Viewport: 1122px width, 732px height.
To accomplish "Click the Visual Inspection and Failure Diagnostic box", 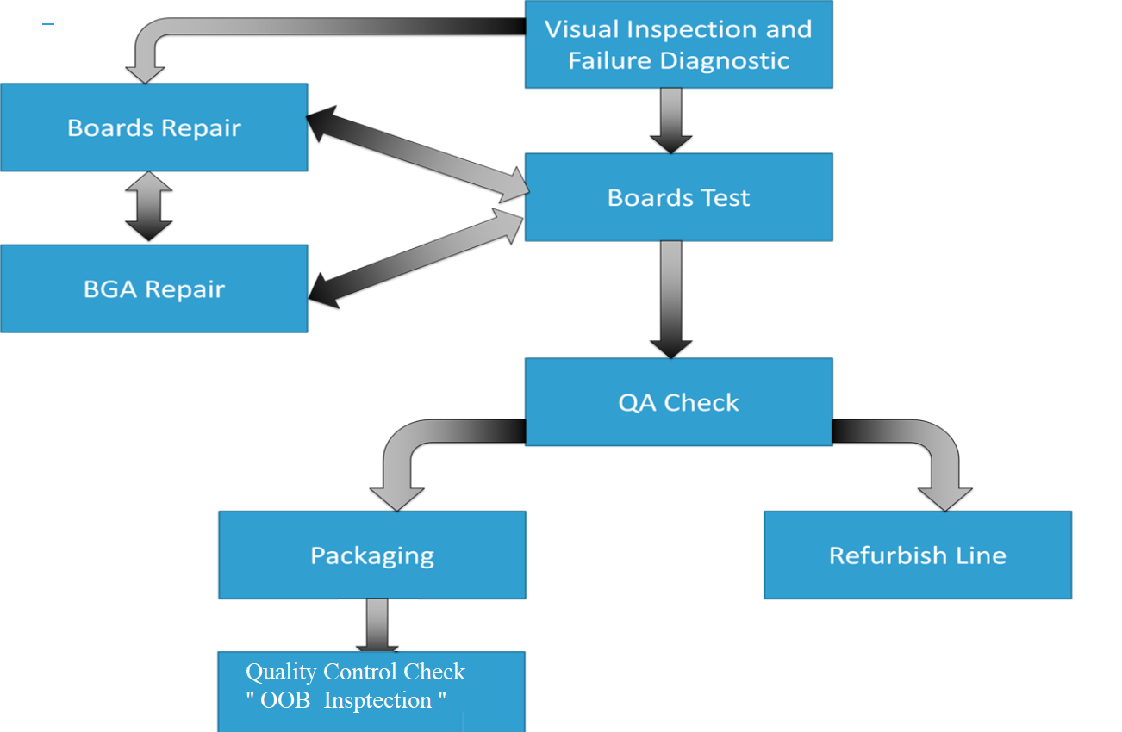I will pyautogui.click(x=678, y=44).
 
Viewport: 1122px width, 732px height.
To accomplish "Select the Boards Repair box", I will pyautogui.click(x=153, y=127).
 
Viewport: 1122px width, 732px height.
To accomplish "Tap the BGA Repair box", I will pyautogui.click(x=153, y=288).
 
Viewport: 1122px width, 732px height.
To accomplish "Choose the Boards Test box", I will pyautogui.click(x=678, y=197).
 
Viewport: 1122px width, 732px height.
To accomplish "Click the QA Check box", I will pyautogui.click(x=678, y=402).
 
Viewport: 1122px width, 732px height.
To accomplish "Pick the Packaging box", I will pyautogui.click(x=371, y=555).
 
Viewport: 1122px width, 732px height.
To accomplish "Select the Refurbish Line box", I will pyautogui.click(x=917, y=555).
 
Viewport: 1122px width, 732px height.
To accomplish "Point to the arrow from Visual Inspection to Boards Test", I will pyautogui.click(x=670, y=120).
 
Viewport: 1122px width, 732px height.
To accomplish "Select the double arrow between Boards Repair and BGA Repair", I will pyautogui.click(x=149, y=207).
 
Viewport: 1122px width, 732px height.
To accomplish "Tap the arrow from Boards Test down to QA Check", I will pyautogui.click(x=670, y=298).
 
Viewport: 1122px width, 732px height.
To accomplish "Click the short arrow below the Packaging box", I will pyautogui.click(x=377, y=624).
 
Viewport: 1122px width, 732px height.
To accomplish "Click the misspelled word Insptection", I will pyautogui.click(x=379, y=701).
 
